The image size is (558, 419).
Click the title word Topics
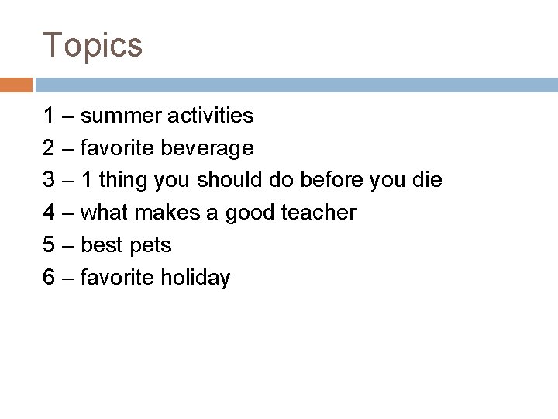(93, 45)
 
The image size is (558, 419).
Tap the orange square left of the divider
(15, 84)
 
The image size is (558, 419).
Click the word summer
(119, 116)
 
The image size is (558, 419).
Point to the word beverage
(210, 148)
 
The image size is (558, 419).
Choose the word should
(230, 181)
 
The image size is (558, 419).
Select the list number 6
(49, 278)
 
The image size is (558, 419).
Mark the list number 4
(49, 213)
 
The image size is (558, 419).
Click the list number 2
(49, 148)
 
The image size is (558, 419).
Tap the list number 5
(49, 245)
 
